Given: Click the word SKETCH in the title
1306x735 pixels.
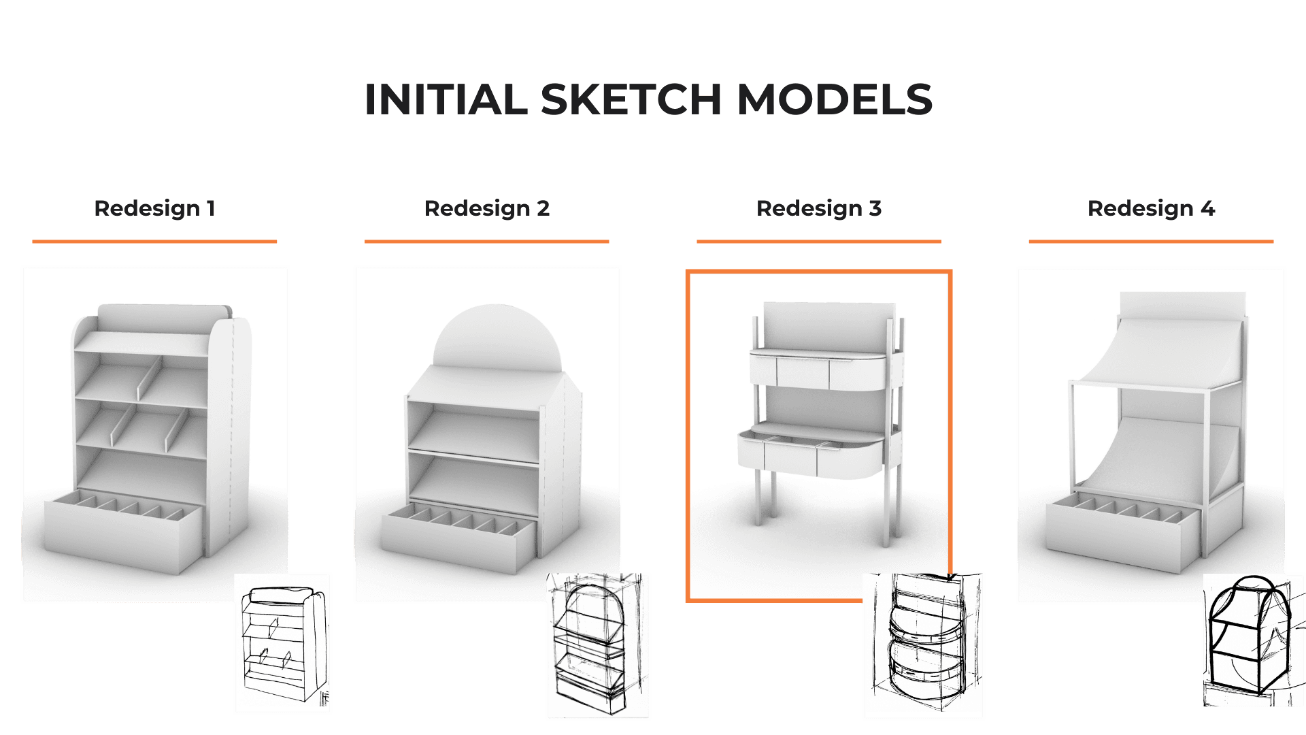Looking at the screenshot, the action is coord(631,99).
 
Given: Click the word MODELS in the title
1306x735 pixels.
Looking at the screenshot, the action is coord(835,99).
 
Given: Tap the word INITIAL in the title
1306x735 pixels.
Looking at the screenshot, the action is coord(446,99).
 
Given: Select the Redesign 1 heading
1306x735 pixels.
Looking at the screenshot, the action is coord(154,208).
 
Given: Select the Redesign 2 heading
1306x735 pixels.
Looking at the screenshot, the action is coord(487,208).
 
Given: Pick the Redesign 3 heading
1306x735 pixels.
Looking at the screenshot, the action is coord(819,208).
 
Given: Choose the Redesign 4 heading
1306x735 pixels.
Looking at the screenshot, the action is coord(1151,208).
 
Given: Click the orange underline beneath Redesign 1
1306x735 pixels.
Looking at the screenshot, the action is coord(154,241).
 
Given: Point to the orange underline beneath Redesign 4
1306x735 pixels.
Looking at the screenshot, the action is coord(1151,241).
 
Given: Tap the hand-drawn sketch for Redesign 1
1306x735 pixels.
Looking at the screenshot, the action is coord(283,643).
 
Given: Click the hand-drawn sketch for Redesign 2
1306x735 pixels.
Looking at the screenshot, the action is coord(598,644).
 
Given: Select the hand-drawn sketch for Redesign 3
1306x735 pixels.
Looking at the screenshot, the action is coord(923,645).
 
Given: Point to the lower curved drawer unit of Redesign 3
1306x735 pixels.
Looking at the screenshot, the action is coord(811,451).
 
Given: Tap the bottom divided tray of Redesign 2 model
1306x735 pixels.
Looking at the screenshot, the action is coord(459,538).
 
